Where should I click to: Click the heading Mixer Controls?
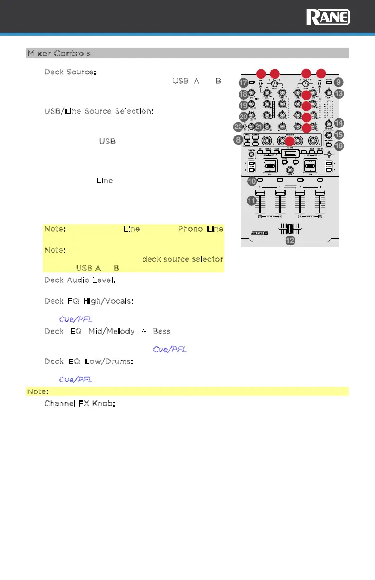(59, 53)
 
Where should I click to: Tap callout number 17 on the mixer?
(243, 82)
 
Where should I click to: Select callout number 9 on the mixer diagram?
(338, 82)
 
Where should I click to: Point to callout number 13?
(338, 94)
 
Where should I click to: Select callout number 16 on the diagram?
(338, 146)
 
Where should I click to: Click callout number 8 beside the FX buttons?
(238, 140)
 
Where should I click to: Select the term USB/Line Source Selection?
(98, 111)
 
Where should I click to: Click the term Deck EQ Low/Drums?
(88, 362)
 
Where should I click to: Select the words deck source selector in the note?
(182, 259)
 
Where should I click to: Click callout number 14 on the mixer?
(338, 123)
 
